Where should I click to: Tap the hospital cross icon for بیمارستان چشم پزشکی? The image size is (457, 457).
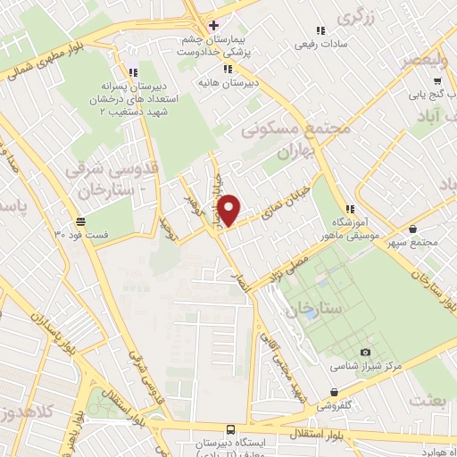tap(212, 24)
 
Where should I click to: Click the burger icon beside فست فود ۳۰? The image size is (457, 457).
tap(81, 220)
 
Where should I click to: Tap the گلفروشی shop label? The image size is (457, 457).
tap(334, 403)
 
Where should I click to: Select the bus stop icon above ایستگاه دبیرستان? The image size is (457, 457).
tap(230, 428)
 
